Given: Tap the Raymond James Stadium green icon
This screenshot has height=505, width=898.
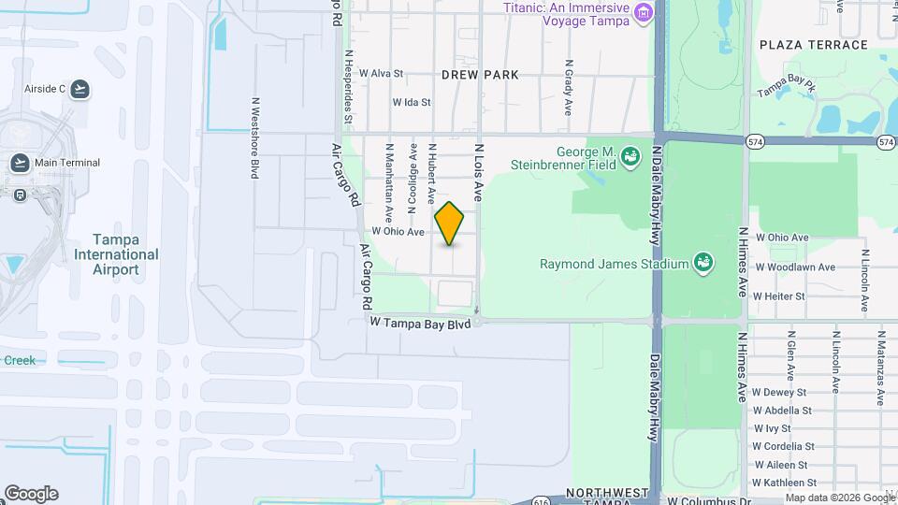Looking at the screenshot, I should coord(702,264).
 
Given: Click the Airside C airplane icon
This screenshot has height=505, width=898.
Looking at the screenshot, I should coord(80,89).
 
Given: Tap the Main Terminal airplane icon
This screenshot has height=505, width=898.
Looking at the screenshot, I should coord(20,163).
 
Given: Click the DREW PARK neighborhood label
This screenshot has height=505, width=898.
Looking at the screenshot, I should coord(479,74).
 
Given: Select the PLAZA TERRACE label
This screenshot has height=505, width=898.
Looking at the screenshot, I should coord(814,45).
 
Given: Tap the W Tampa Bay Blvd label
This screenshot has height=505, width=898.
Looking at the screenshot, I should coord(419,323).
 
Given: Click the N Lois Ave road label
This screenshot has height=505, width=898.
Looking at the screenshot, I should coord(478,173).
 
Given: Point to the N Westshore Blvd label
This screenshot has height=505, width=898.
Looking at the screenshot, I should coord(253,137).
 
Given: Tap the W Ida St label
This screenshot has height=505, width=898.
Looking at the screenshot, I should coord(412,102).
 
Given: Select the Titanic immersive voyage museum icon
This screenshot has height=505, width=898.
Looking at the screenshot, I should coord(643,13).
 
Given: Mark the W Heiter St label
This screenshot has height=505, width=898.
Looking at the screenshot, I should coord(779,296).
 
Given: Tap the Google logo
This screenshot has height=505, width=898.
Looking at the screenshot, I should coord(31,494).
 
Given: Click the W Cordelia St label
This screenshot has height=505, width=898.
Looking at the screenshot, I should coord(784,447).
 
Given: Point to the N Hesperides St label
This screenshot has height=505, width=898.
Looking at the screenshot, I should coord(347,87).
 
